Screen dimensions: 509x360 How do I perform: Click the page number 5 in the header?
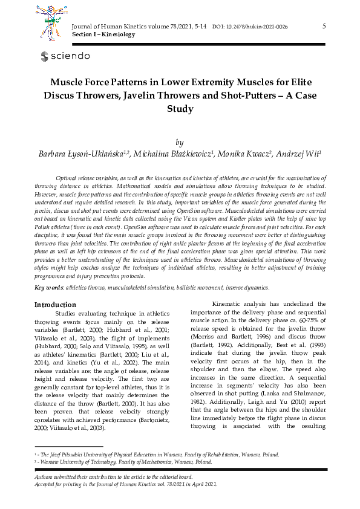324,26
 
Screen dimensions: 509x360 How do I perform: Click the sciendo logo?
65,56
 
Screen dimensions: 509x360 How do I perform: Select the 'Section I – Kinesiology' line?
103,35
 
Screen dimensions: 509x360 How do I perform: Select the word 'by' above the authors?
179,143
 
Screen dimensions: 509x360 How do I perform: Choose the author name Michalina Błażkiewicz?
175,154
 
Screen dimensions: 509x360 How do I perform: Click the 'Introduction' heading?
55,305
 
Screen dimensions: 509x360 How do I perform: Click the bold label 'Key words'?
48,288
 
